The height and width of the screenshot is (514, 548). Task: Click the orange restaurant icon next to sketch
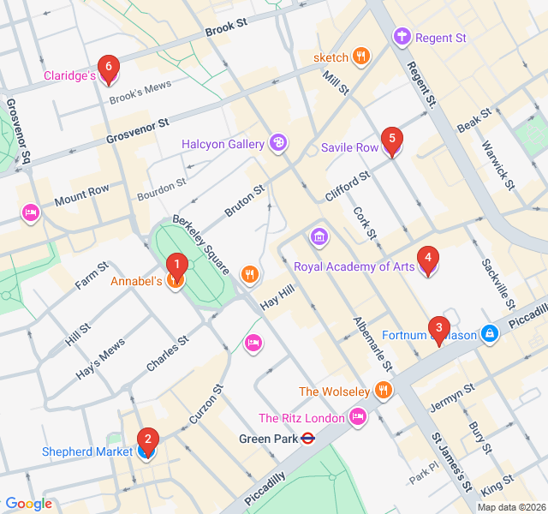pos(362,57)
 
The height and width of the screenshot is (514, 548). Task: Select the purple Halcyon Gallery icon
pos(277,143)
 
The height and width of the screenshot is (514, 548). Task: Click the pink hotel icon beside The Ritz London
pos(358,418)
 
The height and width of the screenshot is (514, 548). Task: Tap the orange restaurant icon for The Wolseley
pos(383,391)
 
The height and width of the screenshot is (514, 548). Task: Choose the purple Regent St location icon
pos(402,38)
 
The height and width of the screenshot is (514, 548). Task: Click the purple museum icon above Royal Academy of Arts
pos(319,236)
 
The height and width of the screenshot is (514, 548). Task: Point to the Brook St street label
pos(225,29)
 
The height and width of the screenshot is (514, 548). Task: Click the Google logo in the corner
pos(29,504)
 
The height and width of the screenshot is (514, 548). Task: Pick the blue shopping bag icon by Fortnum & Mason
pos(489,334)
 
